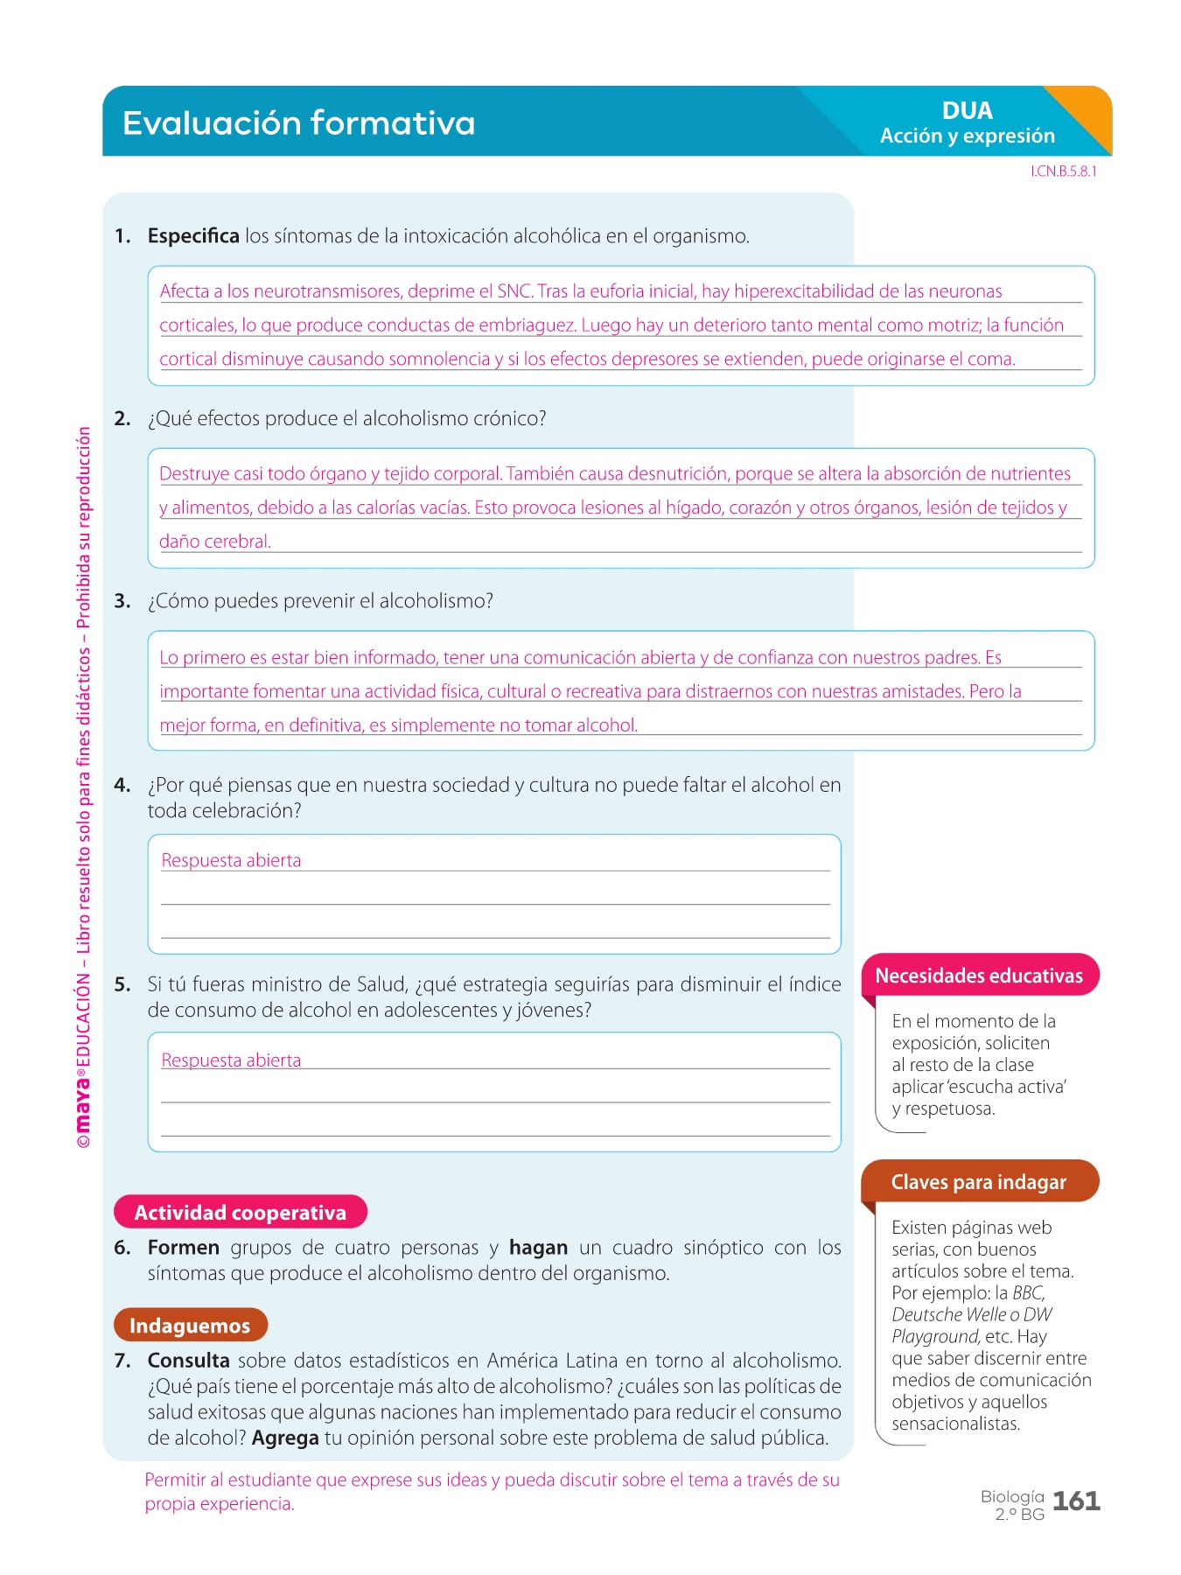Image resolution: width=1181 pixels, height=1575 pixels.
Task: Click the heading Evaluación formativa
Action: click(x=298, y=123)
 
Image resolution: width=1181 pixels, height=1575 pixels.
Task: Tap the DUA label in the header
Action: click(x=967, y=111)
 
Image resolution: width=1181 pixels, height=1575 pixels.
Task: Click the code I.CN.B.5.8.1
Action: click(x=1063, y=171)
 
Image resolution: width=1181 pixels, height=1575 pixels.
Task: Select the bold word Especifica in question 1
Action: click(x=193, y=236)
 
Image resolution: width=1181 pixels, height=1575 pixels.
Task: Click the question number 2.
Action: click(x=122, y=419)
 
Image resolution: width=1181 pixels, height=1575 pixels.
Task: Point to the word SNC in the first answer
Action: click(x=514, y=291)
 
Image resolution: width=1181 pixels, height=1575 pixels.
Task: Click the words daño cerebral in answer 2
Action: click(x=215, y=542)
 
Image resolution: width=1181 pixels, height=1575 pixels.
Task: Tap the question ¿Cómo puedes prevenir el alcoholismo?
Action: click(x=320, y=601)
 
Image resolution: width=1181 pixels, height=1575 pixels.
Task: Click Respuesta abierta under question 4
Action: click(x=231, y=861)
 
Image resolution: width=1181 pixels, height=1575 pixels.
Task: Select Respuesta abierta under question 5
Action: click(x=231, y=1060)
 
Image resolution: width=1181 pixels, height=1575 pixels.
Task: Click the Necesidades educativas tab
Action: click(x=979, y=976)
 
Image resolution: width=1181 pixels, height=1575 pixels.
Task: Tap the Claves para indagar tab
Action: click(x=978, y=1182)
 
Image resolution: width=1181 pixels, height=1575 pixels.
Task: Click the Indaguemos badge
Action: click(x=190, y=1326)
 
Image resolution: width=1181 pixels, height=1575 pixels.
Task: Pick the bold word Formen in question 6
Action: click(x=184, y=1248)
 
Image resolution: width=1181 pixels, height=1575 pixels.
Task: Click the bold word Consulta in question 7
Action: click(x=189, y=1361)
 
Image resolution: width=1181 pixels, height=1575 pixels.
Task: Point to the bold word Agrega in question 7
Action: click(x=285, y=1438)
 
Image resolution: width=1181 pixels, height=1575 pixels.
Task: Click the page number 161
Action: click(x=1076, y=1501)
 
